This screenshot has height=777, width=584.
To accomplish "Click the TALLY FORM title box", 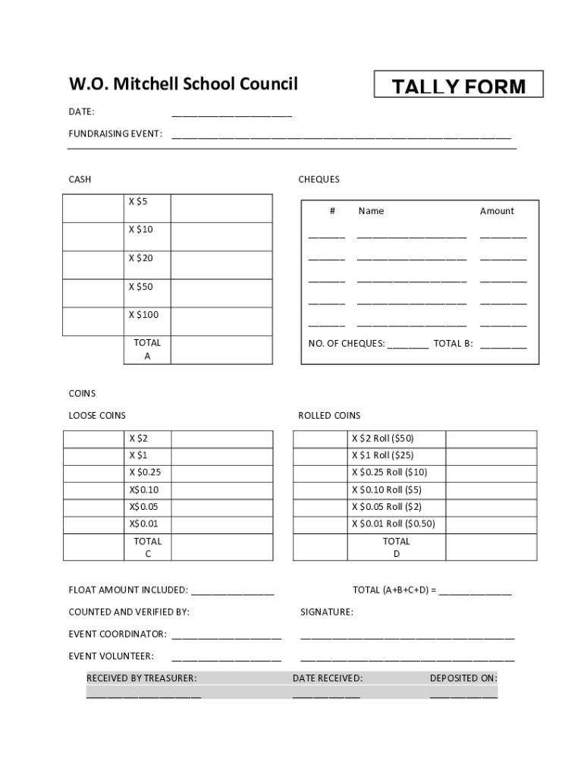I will pos(458,85).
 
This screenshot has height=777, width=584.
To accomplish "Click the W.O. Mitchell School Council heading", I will pos(183,83).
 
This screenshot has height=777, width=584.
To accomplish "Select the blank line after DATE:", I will pos(231,114).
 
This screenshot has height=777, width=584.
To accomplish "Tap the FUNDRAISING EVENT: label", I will pos(115,134).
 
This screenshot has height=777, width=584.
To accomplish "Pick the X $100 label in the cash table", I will pos(143,315).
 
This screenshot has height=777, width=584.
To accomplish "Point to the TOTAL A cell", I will pos(147,350).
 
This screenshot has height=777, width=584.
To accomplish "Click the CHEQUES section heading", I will pos(319,180).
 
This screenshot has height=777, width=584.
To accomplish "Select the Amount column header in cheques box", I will pos(497,211).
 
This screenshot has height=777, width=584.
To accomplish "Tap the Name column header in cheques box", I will pos(371,211).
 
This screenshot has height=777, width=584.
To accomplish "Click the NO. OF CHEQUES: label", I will pos(347,344).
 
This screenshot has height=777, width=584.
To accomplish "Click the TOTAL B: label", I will pos(453,344).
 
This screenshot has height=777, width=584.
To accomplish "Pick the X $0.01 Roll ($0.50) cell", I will pos(393,524).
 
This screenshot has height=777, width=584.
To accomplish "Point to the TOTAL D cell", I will pos(396,547).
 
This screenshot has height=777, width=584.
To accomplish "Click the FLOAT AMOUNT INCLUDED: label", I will pos(128,590).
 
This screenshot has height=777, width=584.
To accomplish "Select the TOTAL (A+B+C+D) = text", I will pos(394,590).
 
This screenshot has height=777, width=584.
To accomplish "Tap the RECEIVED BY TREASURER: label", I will pos(141,678).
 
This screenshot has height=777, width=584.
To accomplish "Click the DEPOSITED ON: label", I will pos(463,678).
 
